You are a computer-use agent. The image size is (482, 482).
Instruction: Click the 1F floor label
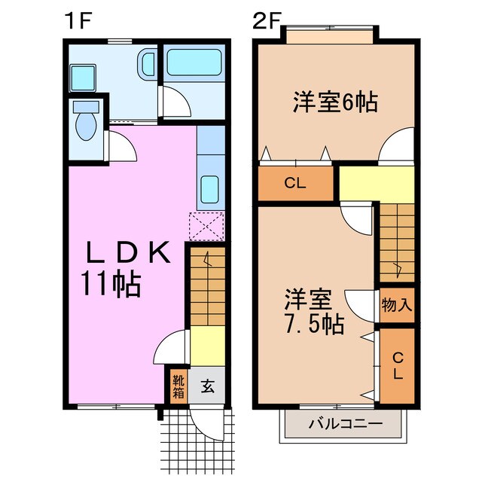77,20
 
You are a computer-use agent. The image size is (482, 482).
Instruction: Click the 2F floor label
267,20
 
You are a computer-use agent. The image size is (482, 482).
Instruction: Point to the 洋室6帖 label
335,101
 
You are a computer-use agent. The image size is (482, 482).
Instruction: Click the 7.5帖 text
316,324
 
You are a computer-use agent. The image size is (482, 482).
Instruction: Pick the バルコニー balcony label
345,424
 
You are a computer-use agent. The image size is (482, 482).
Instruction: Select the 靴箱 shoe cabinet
178,386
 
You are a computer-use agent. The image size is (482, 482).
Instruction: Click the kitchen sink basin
210,191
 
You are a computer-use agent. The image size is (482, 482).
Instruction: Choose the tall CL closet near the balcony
397,365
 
